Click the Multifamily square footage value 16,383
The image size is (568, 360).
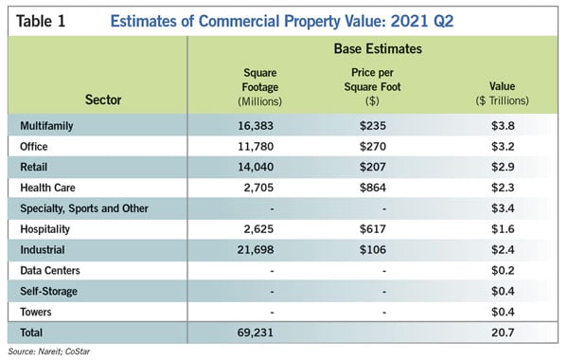pos(256,126)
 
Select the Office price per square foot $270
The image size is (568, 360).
pos(373,147)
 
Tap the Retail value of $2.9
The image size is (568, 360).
pos(503,167)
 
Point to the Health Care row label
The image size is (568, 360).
pos(48,188)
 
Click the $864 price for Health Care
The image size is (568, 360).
pos(373,188)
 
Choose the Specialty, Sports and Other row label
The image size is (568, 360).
pos(84,208)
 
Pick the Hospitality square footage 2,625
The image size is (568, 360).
pos(258,229)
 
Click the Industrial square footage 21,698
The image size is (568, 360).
pos(256,250)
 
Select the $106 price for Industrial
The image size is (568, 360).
pos(373,250)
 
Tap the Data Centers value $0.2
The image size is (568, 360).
pos(503,270)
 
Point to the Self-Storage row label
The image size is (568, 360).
pos(49,292)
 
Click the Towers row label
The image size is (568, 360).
pos(36,312)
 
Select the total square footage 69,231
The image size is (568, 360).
pos(256,333)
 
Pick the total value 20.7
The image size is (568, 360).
pos(503,333)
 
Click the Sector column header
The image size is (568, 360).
pos(103,99)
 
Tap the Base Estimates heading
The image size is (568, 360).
pos(378,49)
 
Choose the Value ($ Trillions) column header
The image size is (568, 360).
pos(502,94)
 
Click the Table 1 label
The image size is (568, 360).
pos(41,21)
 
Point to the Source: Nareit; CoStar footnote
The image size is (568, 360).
pos(49,351)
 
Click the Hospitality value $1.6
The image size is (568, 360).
pos(503,229)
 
